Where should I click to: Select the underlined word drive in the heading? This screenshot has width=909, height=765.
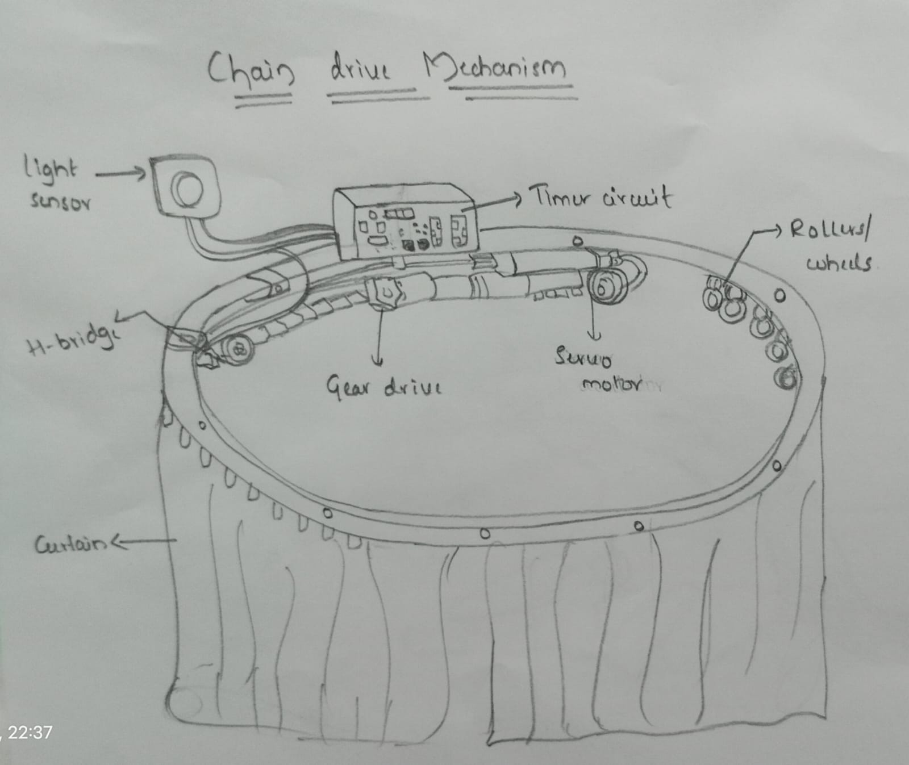(x=361, y=70)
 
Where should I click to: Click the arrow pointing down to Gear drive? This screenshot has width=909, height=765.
(x=378, y=341)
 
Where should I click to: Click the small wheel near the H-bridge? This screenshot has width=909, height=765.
(x=237, y=349)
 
